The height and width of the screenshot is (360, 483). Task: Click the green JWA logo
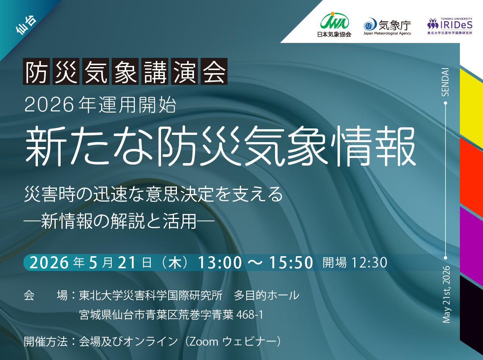pyautogui.click(x=334, y=24)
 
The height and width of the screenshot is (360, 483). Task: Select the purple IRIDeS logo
pyautogui.click(x=450, y=26)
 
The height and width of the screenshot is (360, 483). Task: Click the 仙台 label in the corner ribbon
pyautogui.click(x=27, y=25)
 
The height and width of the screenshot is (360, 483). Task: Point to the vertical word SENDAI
pyautogui.click(x=445, y=82)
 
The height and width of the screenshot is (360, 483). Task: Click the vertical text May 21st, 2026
pyautogui.click(x=446, y=294)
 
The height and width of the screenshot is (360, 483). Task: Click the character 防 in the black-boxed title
pyautogui.click(x=36, y=71)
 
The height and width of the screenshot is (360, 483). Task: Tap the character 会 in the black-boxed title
pyautogui.click(x=214, y=71)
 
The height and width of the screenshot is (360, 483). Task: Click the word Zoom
pyautogui.click(x=204, y=342)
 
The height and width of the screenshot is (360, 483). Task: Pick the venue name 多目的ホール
pyautogui.click(x=267, y=296)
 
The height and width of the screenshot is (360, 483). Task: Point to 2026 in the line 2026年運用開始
pyautogui.click(x=49, y=105)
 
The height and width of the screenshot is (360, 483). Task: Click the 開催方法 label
pyautogui.click(x=46, y=342)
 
